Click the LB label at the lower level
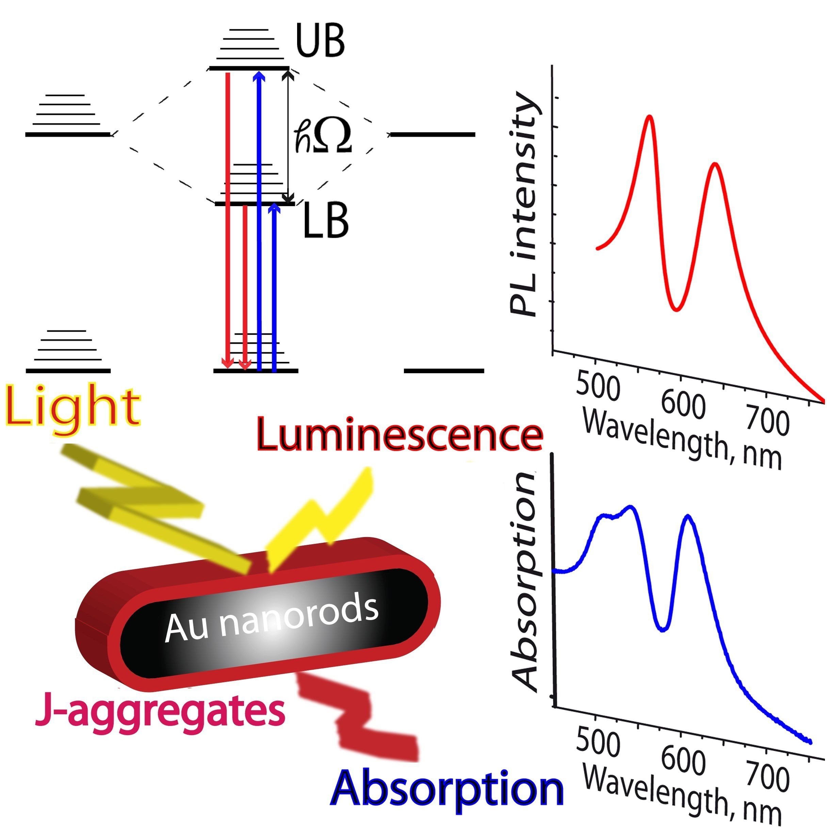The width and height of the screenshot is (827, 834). pyautogui.click(x=325, y=221)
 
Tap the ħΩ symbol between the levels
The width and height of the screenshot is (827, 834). pyautogui.click(x=323, y=136)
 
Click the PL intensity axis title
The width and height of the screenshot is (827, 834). pyautogui.click(x=524, y=205)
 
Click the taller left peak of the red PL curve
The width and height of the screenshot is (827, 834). pyautogui.click(x=649, y=117)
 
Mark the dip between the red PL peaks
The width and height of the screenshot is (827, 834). pyautogui.click(x=677, y=309)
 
